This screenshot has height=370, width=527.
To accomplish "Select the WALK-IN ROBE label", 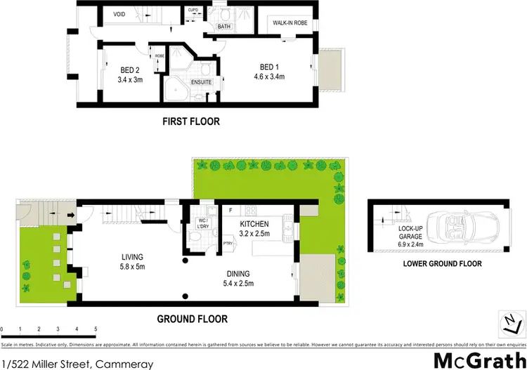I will point(290,22).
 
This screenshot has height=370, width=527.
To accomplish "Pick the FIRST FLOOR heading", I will point(191,121).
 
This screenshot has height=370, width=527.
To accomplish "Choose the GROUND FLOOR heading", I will point(192,319).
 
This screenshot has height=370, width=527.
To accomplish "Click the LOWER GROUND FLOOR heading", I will point(442,265).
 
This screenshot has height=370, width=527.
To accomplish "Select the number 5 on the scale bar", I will point(95,329).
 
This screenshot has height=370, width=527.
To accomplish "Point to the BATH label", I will point(224,27).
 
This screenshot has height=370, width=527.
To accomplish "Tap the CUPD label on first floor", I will point(193,10).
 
